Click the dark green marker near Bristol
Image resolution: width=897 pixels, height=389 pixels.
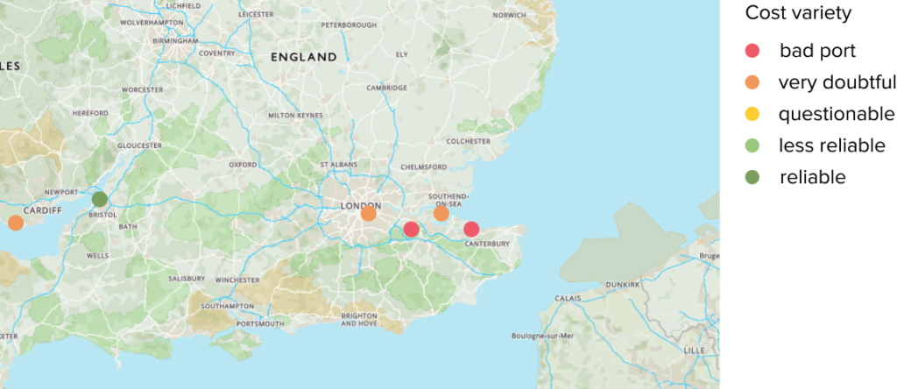tap(99, 199)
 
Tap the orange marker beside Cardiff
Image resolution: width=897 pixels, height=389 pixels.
tap(15, 223)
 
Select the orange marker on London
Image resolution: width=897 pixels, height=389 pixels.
tap(368, 213)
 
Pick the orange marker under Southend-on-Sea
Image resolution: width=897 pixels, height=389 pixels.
tap(441, 213)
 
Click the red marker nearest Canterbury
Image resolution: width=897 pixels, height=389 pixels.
tap(471, 229)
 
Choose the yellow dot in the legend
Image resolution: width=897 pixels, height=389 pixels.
tap(752, 114)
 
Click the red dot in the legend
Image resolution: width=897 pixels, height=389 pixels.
tap(752, 51)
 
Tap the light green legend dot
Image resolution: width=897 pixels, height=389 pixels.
tap(752, 145)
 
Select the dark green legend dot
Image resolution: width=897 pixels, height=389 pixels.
tap(752, 177)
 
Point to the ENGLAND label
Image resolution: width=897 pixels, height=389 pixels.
tap(303, 57)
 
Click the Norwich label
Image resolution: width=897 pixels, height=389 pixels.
tap(509, 15)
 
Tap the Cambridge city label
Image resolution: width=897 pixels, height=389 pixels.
tap(386, 88)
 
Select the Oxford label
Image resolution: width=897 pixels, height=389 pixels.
tap(243, 165)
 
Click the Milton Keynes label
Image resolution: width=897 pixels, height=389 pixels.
tap(295, 115)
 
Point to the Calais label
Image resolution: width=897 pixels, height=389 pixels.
tap(567, 298)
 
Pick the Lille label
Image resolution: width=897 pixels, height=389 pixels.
tap(694, 350)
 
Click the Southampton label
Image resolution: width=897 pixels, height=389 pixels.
tap(226, 306)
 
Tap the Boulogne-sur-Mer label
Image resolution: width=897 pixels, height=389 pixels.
tap(542, 336)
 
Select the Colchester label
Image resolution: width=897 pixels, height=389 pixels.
tap(468, 141)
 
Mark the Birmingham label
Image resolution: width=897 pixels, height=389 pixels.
tap(175, 40)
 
